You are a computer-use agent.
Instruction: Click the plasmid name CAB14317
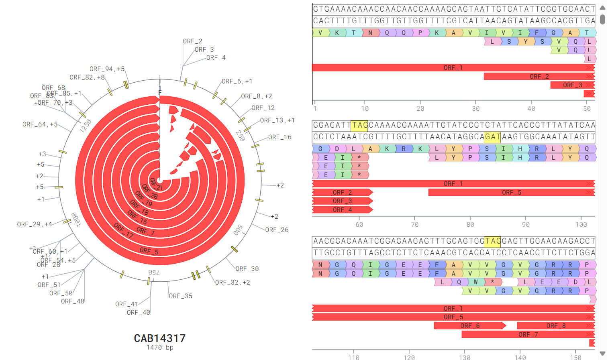pos(159,338)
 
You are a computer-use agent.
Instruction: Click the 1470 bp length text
pos(159,348)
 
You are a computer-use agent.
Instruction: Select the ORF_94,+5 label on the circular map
pos(107,69)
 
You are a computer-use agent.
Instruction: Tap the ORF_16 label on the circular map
pos(279,137)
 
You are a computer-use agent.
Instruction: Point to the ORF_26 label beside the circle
pos(277,230)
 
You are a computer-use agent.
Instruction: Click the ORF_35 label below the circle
pos(180,296)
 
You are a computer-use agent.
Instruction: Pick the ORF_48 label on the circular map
pos(73,301)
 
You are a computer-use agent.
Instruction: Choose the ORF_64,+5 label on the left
pos(40,124)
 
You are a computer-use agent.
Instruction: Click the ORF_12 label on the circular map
pos(263,108)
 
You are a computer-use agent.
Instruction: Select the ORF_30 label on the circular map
pos(247,269)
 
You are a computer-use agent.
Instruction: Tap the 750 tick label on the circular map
pos(154,273)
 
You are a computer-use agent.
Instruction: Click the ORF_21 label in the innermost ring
pos(156,184)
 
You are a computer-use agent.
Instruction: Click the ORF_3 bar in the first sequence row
pos(572,85)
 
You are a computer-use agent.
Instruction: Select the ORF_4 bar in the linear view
pos(342,209)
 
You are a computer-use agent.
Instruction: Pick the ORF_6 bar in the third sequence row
pos(469,326)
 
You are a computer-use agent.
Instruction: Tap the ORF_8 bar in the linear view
pos(555,326)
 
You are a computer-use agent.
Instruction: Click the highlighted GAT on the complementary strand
pos(492,137)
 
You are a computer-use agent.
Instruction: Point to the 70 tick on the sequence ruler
pos(415,225)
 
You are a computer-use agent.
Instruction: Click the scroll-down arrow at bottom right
pos(602,354)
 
